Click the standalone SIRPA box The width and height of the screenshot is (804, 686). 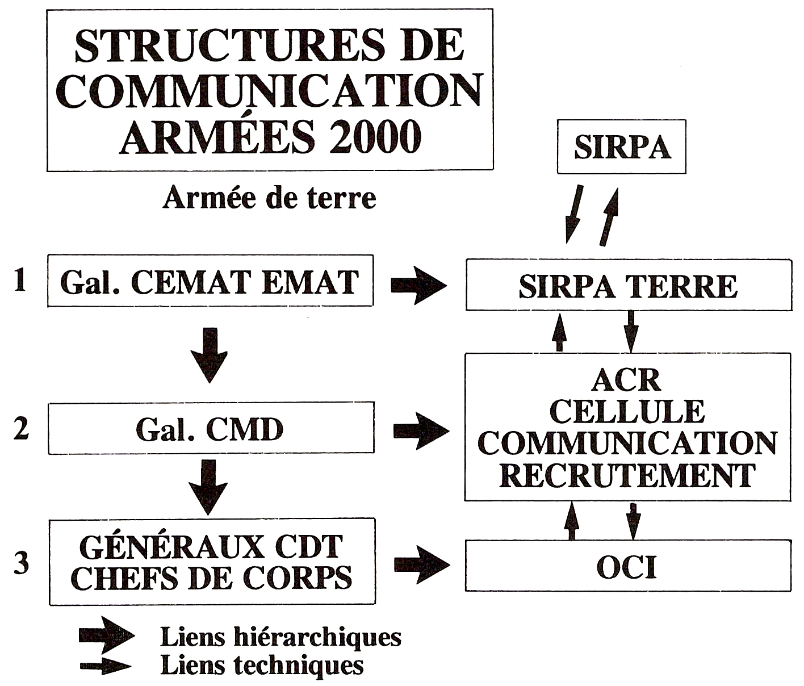[621, 147]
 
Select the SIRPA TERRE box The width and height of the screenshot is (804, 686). [629, 285]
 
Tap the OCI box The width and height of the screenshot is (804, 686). [628, 566]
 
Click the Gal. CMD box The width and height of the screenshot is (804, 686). [211, 428]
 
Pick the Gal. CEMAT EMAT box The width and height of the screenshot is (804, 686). [211, 281]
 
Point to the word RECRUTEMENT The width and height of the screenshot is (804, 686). [627, 475]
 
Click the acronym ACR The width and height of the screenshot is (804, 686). [627, 380]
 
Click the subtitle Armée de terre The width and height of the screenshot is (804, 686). [269, 198]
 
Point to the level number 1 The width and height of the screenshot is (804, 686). [20, 280]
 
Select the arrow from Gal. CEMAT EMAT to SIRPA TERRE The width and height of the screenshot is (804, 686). [419, 285]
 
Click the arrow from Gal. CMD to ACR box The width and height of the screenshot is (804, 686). [421, 431]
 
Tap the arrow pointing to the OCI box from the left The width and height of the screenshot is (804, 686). [422, 564]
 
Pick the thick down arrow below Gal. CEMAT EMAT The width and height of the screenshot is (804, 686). [210, 355]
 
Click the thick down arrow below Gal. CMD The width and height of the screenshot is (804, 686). [208, 487]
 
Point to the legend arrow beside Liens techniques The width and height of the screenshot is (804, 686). [106, 666]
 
